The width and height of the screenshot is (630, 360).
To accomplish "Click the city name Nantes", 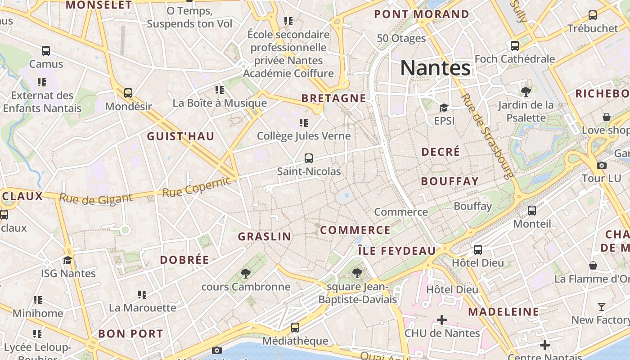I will (x=435, y=68).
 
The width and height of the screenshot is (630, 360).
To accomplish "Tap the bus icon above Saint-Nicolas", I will (x=309, y=158).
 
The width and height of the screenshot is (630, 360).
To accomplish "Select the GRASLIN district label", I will (x=265, y=236).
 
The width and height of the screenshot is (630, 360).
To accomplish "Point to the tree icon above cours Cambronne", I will (x=245, y=273).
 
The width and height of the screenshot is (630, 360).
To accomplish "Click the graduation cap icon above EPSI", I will (x=444, y=108).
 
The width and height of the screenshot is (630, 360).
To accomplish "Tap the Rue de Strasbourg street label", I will (x=488, y=136).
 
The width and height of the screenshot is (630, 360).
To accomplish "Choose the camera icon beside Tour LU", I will (x=602, y=165).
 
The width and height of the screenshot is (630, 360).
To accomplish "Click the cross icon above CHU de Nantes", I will (x=442, y=320).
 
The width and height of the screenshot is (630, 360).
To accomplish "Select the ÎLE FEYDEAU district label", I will (x=397, y=251).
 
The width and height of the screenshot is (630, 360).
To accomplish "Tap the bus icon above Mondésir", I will (x=128, y=93).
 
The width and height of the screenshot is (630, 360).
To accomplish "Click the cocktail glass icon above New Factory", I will (x=602, y=307).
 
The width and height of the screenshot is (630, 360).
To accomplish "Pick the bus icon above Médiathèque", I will (x=295, y=328).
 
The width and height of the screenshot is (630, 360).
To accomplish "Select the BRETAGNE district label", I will (x=333, y=98).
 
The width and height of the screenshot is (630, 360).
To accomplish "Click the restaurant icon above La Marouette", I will (x=142, y=295).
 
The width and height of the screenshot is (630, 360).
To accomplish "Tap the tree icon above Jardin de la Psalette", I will (x=526, y=92).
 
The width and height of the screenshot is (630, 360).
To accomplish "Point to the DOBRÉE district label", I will (x=184, y=260).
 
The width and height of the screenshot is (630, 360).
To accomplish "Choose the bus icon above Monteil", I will (x=532, y=210).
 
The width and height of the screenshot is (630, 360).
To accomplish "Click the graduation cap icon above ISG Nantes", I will (x=68, y=260).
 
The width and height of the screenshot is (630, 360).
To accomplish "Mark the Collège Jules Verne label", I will (x=304, y=135).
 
